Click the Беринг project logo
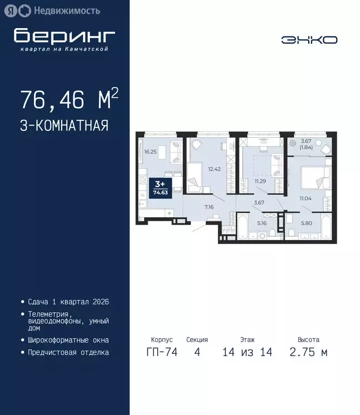click(64, 38)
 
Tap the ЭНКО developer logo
click(309, 39)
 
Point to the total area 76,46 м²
click(69, 100)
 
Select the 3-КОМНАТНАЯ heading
click(64, 125)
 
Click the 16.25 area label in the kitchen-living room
click(150, 152)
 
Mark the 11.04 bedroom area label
click(306, 199)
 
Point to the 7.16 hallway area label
click(210, 206)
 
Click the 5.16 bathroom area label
click(262, 223)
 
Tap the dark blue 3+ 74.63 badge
click(159, 187)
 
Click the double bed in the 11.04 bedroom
click(315, 177)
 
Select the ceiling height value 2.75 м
click(308, 352)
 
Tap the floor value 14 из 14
click(247, 352)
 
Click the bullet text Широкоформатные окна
click(68, 340)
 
